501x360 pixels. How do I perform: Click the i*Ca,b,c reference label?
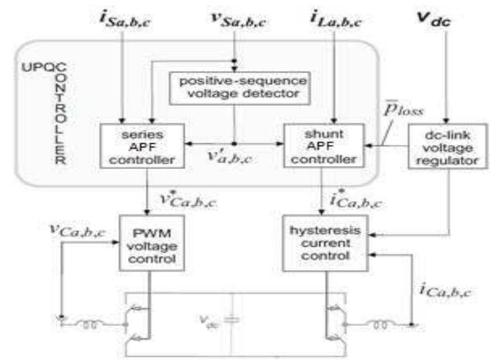[354, 200]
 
